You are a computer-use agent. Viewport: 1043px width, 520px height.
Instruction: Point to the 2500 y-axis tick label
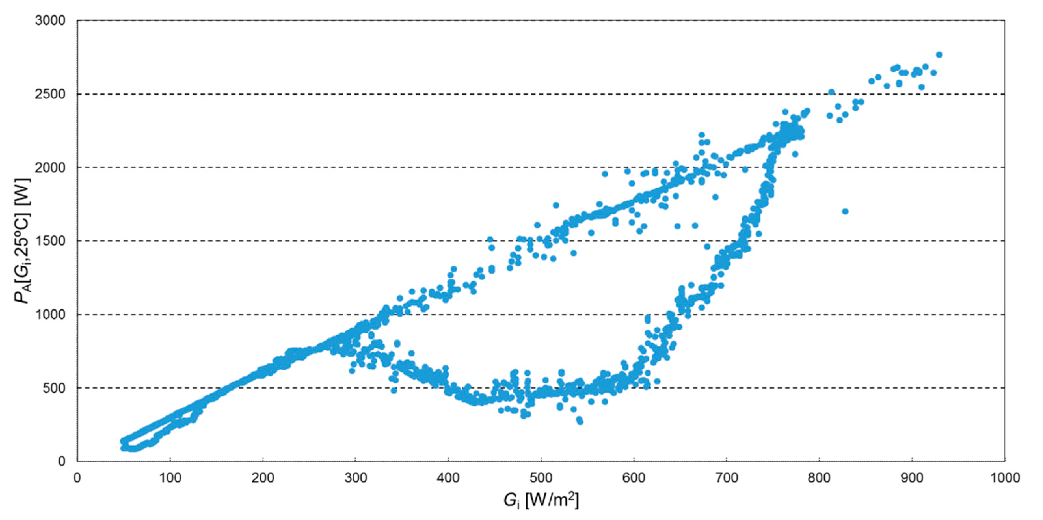pos(50,94)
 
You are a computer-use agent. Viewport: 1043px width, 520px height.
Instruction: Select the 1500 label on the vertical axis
pos(50,241)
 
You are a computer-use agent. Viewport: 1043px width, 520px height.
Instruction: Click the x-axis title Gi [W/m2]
pos(541,501)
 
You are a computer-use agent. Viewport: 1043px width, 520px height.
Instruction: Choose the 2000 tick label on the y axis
pos(50,167)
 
